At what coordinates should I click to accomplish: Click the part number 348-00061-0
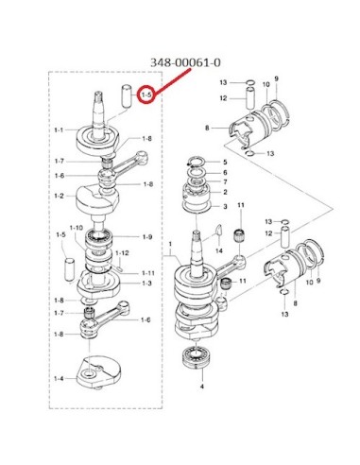coord(185,62)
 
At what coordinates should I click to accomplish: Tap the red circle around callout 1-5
coord(146,95)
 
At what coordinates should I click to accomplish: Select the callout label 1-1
coord(59,129)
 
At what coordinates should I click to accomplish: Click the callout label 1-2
coord(59,196)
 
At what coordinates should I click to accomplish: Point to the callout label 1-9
coord(147,236)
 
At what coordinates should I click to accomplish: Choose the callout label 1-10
coord(77,228)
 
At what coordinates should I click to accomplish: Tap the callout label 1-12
coord(122,253)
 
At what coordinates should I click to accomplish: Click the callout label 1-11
coord(148,273)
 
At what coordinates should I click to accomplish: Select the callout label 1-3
coord(146,283)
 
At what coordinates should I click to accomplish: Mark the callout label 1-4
coord(59,378)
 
